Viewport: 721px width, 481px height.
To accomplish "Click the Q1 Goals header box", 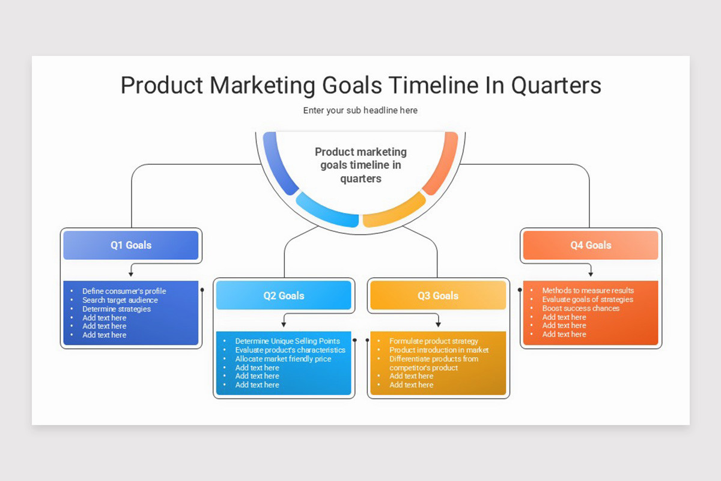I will [131, 245].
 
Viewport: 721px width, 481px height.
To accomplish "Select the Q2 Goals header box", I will [284, 296].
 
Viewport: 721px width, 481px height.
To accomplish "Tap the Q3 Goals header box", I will [438, 296].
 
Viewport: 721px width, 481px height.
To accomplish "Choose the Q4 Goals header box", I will [591, 245].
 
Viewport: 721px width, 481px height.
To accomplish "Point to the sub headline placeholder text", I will [360, 111].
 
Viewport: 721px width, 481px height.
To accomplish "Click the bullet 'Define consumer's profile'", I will [124, 291].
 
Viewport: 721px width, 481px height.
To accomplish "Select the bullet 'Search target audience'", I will [120, 300].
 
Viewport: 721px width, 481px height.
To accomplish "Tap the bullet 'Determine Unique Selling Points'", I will [287, 341].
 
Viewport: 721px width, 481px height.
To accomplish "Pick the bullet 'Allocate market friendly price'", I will [283, 359].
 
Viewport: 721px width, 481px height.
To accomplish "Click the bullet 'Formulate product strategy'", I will [433, 341].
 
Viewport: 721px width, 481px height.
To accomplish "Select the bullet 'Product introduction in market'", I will [439, 350].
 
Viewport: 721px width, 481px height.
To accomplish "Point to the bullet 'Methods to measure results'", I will [588, 290].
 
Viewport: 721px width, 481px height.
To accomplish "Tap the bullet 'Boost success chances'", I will [580, 308].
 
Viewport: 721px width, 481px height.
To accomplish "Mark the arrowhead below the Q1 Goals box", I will [131, 274].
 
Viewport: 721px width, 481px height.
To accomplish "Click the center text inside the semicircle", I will [360, 165].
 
